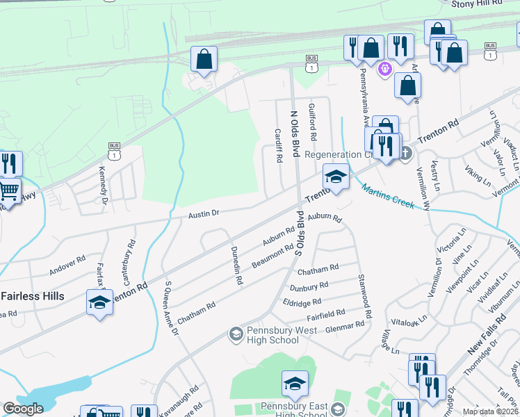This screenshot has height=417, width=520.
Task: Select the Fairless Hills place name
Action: (33, 296)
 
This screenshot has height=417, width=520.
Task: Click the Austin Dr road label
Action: (204, 215)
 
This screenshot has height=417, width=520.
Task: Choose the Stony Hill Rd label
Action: (476, 3)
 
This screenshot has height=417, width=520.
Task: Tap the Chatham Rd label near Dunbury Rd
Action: (318, 268)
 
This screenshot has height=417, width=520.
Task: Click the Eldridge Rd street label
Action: (302, 302)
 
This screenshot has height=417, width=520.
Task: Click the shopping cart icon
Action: (9, 190)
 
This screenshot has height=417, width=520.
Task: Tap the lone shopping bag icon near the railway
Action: (204, 59)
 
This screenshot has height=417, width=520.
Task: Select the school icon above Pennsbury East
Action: (295, 384)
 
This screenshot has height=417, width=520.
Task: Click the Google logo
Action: (23, 409)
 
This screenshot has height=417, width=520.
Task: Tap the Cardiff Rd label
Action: (278, 145)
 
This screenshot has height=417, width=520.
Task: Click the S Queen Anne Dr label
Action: (171, 309)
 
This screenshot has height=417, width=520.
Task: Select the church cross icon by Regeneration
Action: (406, 154)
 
